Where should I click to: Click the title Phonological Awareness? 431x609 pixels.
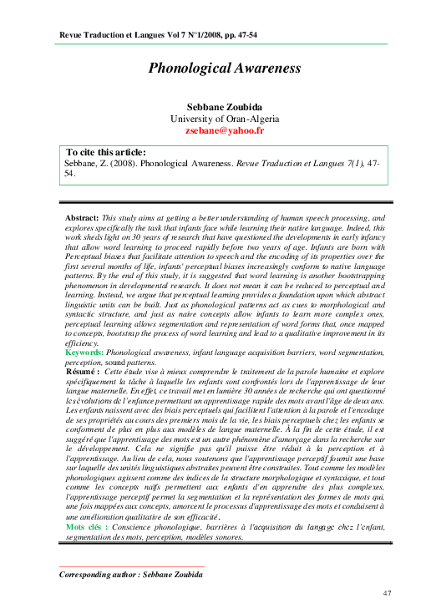tap(224, 69)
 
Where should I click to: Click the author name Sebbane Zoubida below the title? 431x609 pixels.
tap(224, 108)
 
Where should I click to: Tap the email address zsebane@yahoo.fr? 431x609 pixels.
tap(224, 131)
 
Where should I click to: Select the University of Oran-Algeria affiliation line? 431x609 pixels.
tap(224, 119)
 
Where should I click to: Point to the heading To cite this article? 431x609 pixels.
tap(106, 153)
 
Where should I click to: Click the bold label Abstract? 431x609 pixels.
tap(82, 217)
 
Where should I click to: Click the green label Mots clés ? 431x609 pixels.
tap(86, 529)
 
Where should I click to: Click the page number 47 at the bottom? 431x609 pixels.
tap(387, 592)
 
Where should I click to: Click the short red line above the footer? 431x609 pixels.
tap(109, 566)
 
